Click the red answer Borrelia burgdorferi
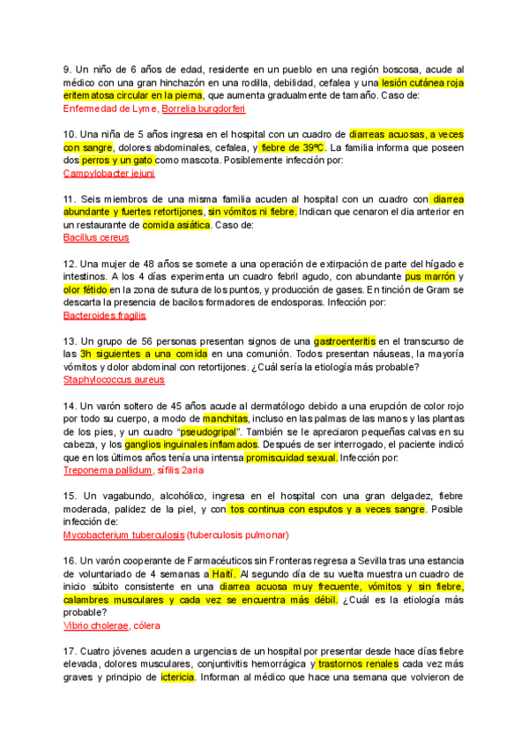tap(204, 108)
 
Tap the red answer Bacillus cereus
tap(96, 238)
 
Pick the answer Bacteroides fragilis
tap(105, 315)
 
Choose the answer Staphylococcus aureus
tap(114, 380)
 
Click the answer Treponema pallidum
tap(106, 470)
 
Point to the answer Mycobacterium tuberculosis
tap(123, 535)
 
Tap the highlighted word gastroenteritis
tap(347, 341)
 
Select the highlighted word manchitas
tap(227, 418)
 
